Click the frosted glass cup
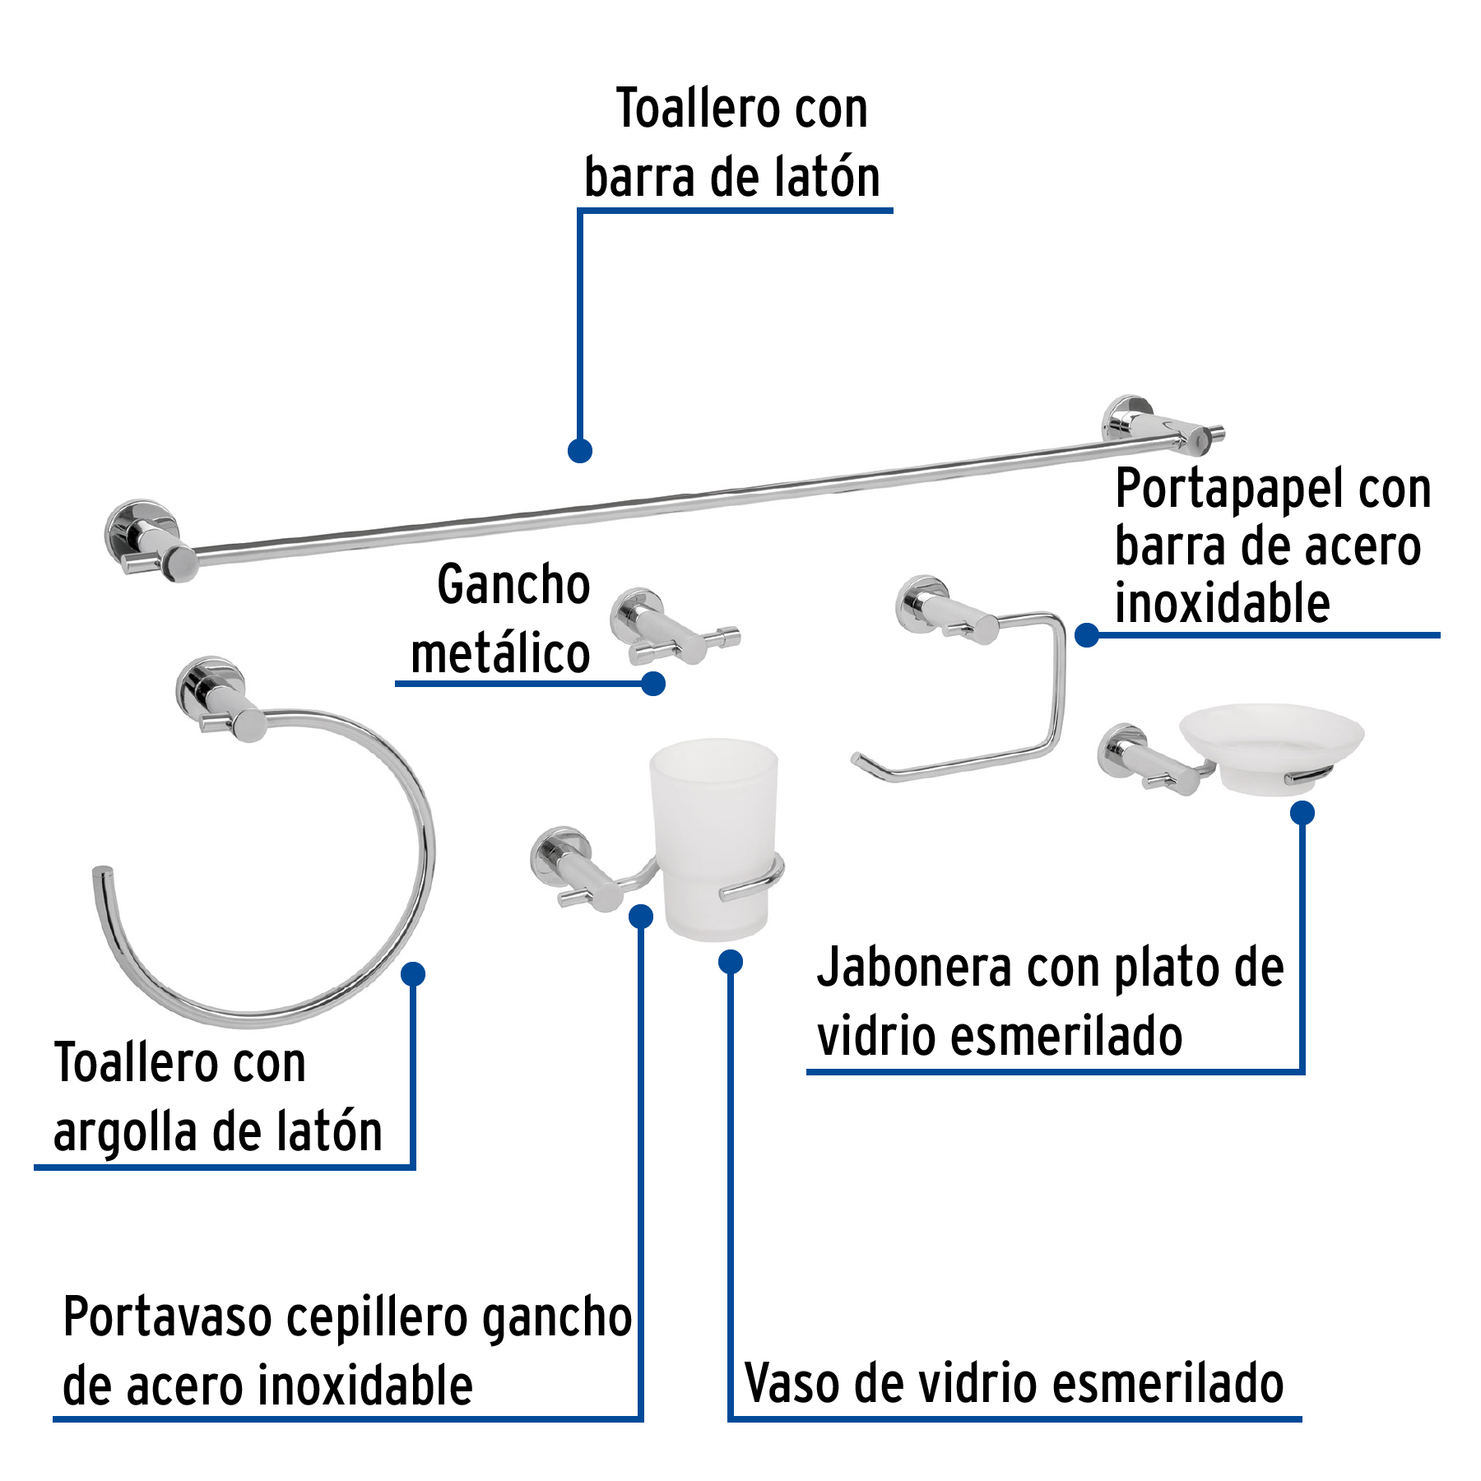tap(713, 831)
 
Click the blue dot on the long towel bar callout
tap(580, 450)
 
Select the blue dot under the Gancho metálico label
tap(653, 683)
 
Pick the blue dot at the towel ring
tap(413, 974)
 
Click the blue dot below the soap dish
tap(1302, 813)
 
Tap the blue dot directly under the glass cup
tap(731, 961)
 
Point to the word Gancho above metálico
tap(513, 584)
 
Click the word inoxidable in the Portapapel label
tap(1222, 604)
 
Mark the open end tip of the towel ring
tap(102, 872)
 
